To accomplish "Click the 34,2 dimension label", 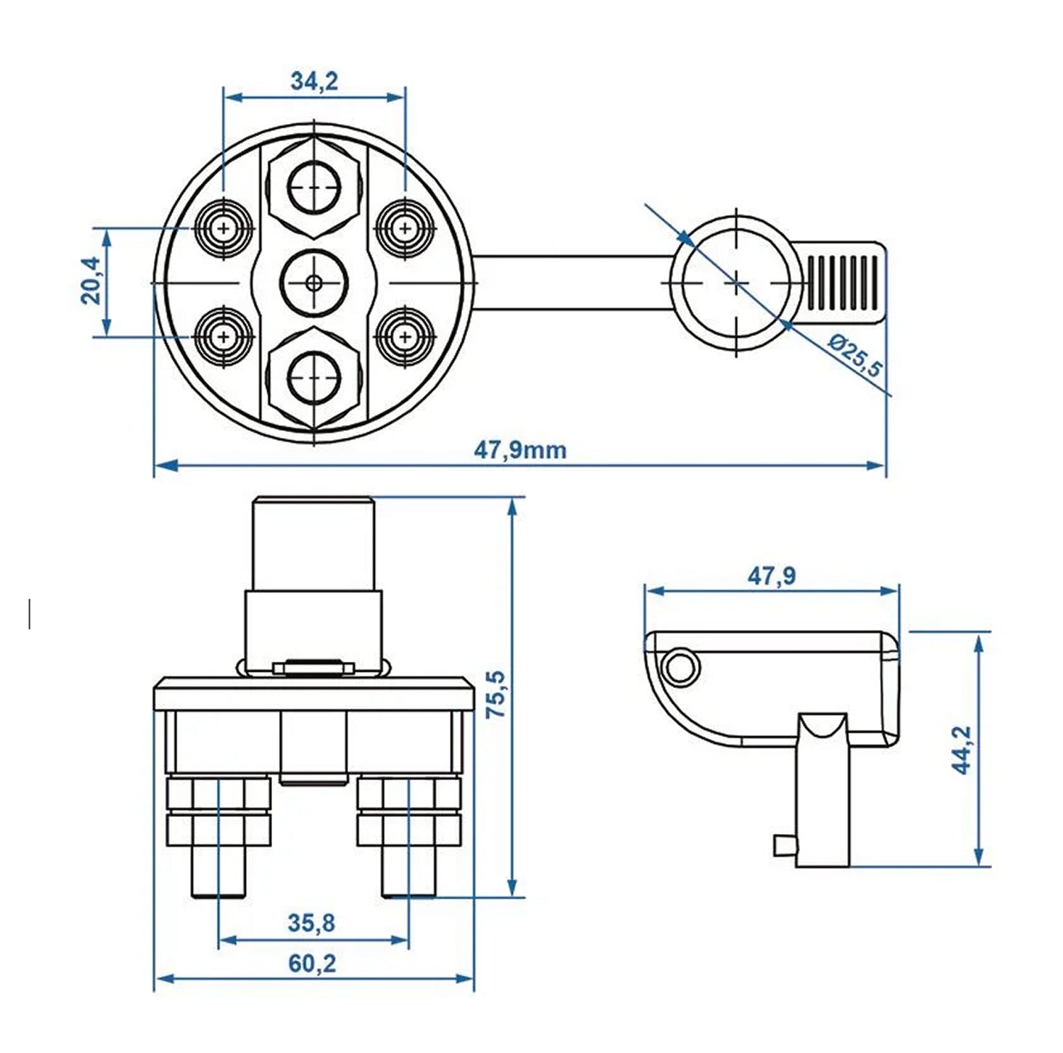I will [314, 81].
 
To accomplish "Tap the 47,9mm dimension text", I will [519, 450].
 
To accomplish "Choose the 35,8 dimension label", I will [311, 923].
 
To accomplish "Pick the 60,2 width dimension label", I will [312, 964].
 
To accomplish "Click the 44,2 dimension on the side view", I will [962, 750].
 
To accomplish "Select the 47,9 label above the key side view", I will [771, 576].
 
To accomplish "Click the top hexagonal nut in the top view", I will [314, 186].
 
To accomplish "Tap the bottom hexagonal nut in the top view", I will [314, 378].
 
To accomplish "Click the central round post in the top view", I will [314, 283].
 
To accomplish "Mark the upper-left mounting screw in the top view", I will [224, 229].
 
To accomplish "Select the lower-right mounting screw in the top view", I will [405, 336].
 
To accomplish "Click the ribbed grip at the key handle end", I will [843, 283].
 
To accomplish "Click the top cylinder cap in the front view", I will [313, 543].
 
